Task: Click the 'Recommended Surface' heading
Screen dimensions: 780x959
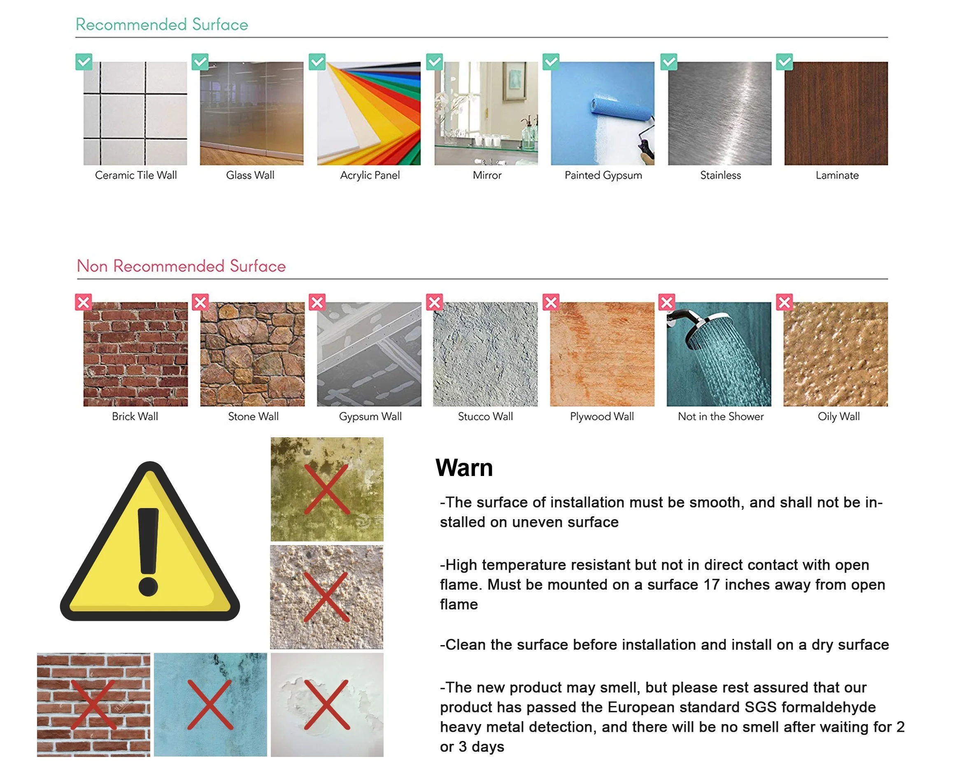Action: point(161,24)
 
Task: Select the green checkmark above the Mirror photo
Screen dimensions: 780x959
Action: point(434,62)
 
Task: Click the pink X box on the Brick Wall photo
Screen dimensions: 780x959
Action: point(83,302)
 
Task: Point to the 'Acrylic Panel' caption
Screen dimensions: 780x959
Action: point(370,175)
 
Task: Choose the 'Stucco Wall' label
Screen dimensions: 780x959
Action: point(485,416)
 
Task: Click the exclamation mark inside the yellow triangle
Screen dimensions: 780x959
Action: point(148,550)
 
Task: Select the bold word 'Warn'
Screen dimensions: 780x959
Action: point(464,468)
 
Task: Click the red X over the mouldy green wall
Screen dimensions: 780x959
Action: point(327,489)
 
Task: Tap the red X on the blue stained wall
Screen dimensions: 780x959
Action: point(210,705)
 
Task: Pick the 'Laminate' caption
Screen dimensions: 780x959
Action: point(837,175)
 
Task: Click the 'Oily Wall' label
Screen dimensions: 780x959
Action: point(838,416)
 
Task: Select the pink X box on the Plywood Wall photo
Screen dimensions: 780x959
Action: point(551,302)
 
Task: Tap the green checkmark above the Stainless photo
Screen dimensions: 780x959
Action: point(668,62)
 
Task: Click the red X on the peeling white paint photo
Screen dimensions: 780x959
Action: point(327,705)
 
